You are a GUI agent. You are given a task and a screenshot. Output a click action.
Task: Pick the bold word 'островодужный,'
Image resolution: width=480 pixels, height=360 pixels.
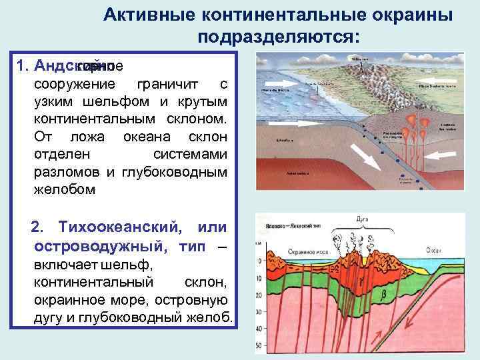pos(97,246)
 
